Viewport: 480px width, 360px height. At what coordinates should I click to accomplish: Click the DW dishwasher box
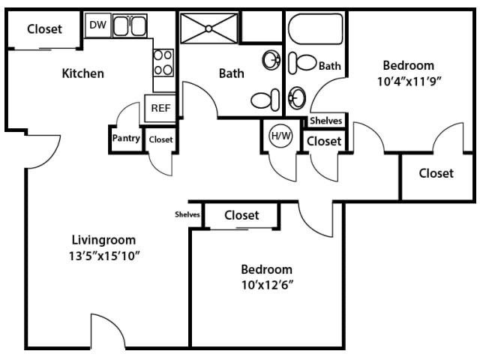[x=97, y=25]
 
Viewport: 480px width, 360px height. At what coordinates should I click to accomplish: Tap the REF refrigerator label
[x=160, y=108]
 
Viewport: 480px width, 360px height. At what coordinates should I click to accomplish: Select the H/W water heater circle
[x=280, y=135]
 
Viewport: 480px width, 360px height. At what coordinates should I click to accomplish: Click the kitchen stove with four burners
[x=163, y=63]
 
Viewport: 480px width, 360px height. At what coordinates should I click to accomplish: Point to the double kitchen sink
[x=130, y=25]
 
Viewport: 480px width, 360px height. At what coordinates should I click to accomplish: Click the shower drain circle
[x=208, y=28]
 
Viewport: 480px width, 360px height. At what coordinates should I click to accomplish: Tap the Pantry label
[x=126, y=138]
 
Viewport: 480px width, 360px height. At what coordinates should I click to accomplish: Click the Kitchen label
[x=83, y=73]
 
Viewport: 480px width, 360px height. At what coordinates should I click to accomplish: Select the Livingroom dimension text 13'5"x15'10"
[x=104, y=256]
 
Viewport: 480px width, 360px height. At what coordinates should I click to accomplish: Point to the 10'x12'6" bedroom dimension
[x=267, y=285]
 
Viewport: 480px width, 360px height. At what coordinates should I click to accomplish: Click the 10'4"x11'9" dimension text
[x=409, y=82]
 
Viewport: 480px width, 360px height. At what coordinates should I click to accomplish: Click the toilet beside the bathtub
[x=302, y=63]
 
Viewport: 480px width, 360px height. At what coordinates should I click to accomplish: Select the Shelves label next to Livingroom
[x=187, y=214]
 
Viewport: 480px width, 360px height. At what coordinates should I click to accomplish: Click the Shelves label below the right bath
[x=325, y=121]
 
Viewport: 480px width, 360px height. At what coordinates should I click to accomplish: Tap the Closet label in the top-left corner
[x=45, y=29]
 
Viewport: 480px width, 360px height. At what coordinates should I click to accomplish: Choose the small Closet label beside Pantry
[x=160, y=139]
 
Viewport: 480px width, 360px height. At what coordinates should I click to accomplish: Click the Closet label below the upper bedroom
[x=436, y=173]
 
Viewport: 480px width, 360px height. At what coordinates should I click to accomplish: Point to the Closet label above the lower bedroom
[x=241, y=215]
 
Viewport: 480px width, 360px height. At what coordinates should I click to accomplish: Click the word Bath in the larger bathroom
[x=232, y=73]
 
